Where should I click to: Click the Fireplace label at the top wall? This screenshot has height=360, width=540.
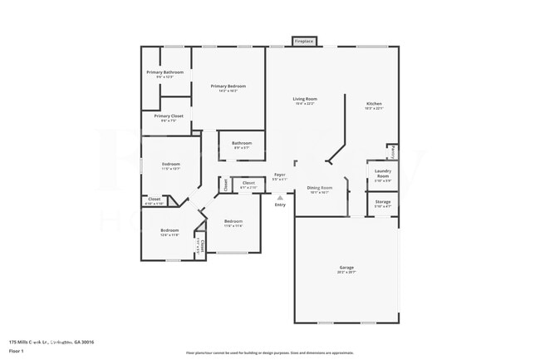[x=304, y=41]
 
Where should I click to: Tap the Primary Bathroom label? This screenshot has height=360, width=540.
[x=165, y=73]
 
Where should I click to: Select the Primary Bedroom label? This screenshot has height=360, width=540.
[x=228, y=86]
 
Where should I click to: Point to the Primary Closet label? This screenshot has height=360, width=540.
[x=169, y=116]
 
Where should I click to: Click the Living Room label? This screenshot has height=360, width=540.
[x=305, y=100]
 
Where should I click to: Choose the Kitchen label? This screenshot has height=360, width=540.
[x=375, y=104]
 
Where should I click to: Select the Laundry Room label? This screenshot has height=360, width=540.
[x=383, y=174]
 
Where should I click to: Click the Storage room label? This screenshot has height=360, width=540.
[x=382, y=201]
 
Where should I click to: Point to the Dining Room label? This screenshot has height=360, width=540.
[x=320, y=188]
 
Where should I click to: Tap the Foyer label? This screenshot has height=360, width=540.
[x=280, y=175]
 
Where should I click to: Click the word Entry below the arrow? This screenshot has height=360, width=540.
[x=280, y=205]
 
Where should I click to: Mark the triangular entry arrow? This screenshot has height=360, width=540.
[x=280, y=198]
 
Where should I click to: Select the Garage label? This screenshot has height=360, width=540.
[x=346, y=268]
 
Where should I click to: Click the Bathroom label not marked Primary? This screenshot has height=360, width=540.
[x=242, y=143]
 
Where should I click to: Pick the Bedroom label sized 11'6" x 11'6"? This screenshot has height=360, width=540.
[x=232, y=222]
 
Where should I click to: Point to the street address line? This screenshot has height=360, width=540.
[x=52, y=342]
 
